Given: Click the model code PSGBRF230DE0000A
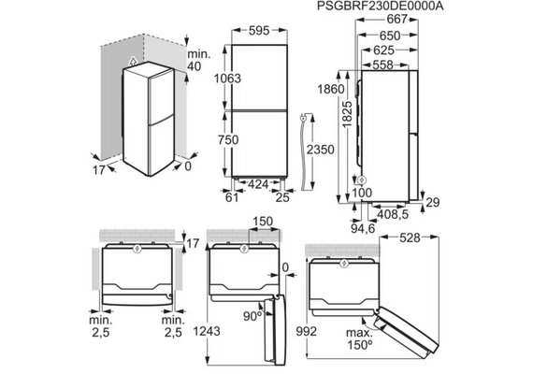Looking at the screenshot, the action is coord(380,7).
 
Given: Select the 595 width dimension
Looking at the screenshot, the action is coord(259,31).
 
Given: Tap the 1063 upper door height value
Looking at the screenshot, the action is coord(227,79).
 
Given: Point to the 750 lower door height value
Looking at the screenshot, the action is coord(228,139).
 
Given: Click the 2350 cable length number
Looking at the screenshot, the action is coord(320,150).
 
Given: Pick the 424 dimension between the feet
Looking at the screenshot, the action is coord(258,184).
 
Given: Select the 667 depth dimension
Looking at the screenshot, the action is coord(397,19).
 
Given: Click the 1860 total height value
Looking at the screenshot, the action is coord(331,89).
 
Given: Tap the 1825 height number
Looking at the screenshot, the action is coord(348,114).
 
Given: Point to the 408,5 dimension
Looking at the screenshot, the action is coord(393,214).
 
